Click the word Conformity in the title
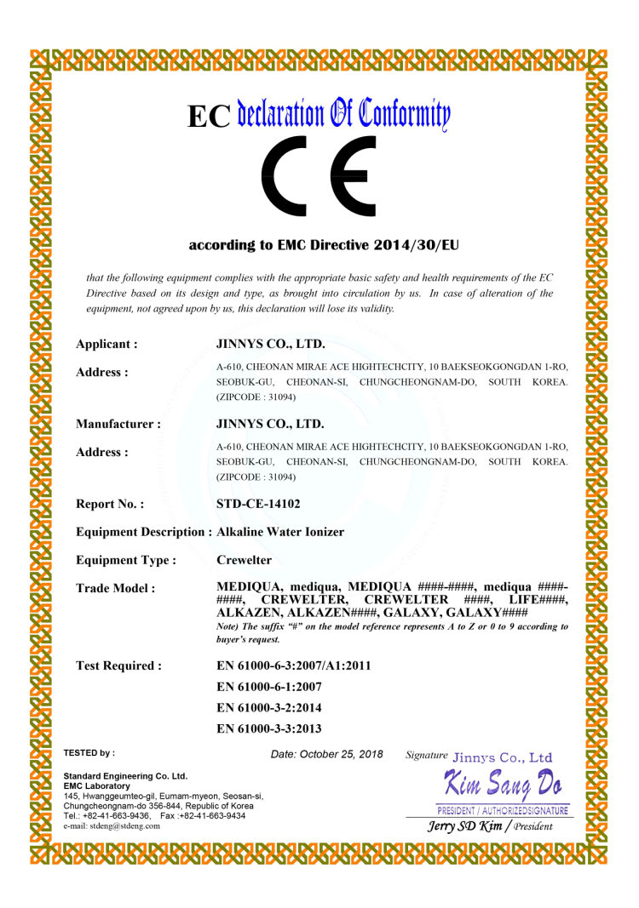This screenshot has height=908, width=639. (x=393, y=113)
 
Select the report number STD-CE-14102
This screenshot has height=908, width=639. (x=259, y=504)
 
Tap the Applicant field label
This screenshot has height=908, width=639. (x=106, y=345)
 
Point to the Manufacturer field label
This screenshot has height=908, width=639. (x=118, y=424)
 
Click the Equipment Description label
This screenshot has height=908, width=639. (x=143, y=532)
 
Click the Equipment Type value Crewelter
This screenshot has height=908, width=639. (x=245, y=560)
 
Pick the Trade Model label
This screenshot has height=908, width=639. (x=115, y=588)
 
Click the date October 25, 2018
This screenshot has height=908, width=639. (x=343, y=754)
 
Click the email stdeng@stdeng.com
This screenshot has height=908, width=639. (x=122, y=825)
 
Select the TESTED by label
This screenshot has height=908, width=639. (x=89, y=753)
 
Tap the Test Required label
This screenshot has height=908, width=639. (x=118, y=665)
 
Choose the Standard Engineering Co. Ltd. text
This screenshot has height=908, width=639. (x=125, y=776)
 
